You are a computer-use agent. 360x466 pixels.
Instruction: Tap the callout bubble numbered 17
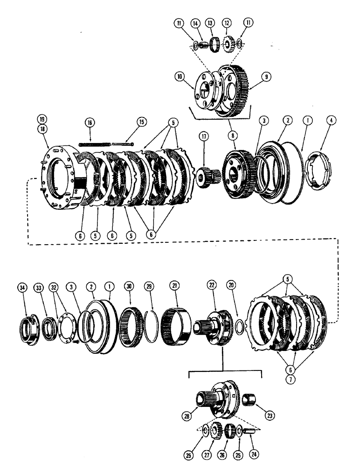click(205, 137)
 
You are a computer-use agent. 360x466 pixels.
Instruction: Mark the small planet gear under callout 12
click(228, 45)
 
